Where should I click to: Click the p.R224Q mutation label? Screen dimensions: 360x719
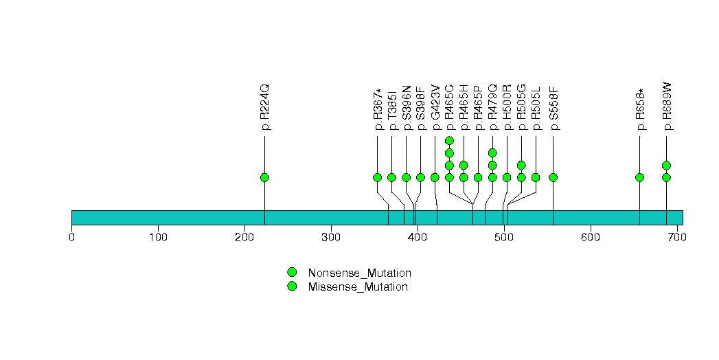click(x=265, y=107)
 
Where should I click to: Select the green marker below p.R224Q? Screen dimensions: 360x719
click(x=265, y=177)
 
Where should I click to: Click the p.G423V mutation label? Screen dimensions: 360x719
click(x=435, y=107)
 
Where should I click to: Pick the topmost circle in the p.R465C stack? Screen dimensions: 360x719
click(x=449, y=141)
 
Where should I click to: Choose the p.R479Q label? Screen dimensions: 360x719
click(x=492, y=107)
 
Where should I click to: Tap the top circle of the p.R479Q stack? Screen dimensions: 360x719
click(x=492, y=153)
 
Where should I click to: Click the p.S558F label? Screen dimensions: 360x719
click(x=553, y=108)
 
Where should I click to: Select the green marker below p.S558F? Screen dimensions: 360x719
click(x=553, y=177)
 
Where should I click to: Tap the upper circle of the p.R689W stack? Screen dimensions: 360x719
click(x=666, y=165)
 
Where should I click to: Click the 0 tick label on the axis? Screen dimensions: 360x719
click(x=71, y=238)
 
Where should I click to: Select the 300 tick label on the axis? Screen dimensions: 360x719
click(x=331, y=238)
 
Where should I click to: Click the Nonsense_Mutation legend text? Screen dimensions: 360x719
click(x=360, y=273)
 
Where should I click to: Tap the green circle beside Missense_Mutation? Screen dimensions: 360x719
click(x=292, y=286)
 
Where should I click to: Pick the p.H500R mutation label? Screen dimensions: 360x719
click(x=507, y=107)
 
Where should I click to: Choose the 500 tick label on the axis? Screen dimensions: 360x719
click(x=503, y=238)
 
